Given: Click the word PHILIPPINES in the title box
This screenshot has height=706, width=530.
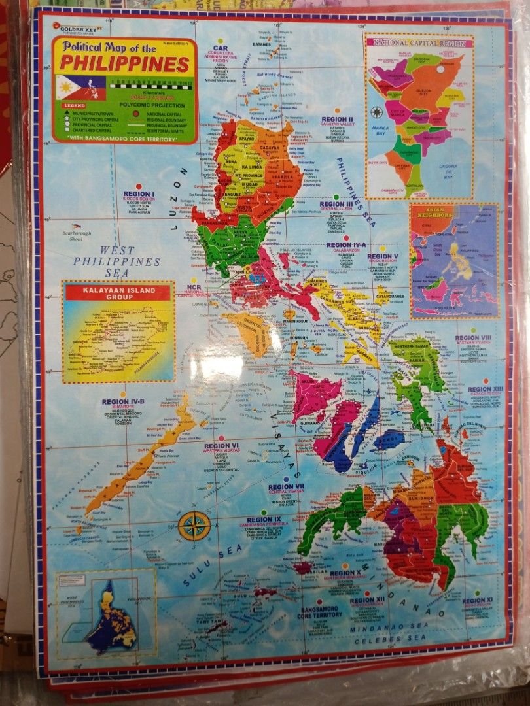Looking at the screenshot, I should click(124, 65).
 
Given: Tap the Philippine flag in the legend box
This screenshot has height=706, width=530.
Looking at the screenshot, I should click(72, 87).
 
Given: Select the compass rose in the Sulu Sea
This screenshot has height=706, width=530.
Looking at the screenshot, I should click(194, 525).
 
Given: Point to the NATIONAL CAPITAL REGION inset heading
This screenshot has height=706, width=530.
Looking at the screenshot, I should click(419, 42).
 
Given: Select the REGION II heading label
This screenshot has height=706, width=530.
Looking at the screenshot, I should click(338, 120).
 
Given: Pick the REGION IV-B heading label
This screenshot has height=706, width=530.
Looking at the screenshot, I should click(122, 402).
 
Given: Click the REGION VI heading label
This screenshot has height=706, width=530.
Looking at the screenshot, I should click(221, 446).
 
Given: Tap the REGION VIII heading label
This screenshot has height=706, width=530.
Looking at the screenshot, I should click(473, 338).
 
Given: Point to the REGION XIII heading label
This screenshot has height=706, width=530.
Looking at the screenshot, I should click(485, 390).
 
